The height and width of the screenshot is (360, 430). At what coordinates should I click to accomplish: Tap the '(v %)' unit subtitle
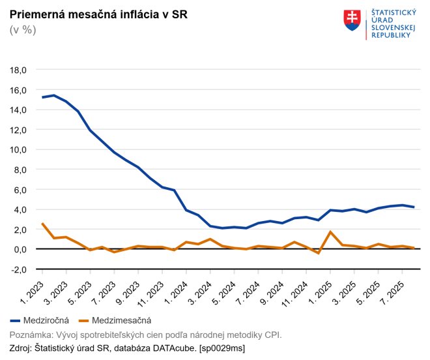[23, 30]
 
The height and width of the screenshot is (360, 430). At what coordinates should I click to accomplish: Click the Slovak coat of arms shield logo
[352, 20]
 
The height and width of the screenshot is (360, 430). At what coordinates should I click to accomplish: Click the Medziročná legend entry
[40, 320]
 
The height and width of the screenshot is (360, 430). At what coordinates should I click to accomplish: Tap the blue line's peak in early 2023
[54, 95]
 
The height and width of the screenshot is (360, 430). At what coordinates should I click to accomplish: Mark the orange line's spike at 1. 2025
[330, 232]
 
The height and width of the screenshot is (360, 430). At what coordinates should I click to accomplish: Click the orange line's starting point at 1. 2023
[42, 224]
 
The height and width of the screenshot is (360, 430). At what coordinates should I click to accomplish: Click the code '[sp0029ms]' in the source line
[222, 348]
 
